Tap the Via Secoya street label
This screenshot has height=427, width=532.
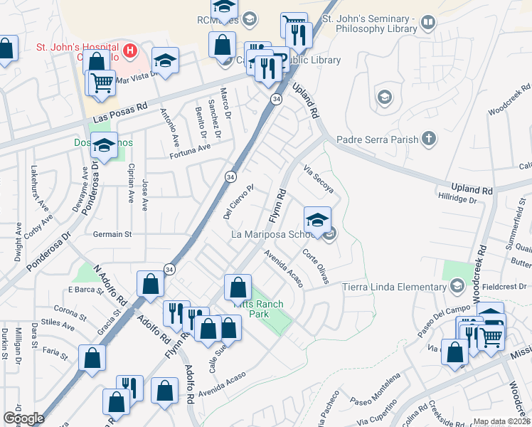click(318, 179)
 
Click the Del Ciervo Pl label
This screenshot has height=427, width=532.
click(238, 203)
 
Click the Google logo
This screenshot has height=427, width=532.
click(23, 418)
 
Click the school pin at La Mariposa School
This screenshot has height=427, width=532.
click(317, 218)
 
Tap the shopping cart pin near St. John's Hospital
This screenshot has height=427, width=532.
click(101, 83)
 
